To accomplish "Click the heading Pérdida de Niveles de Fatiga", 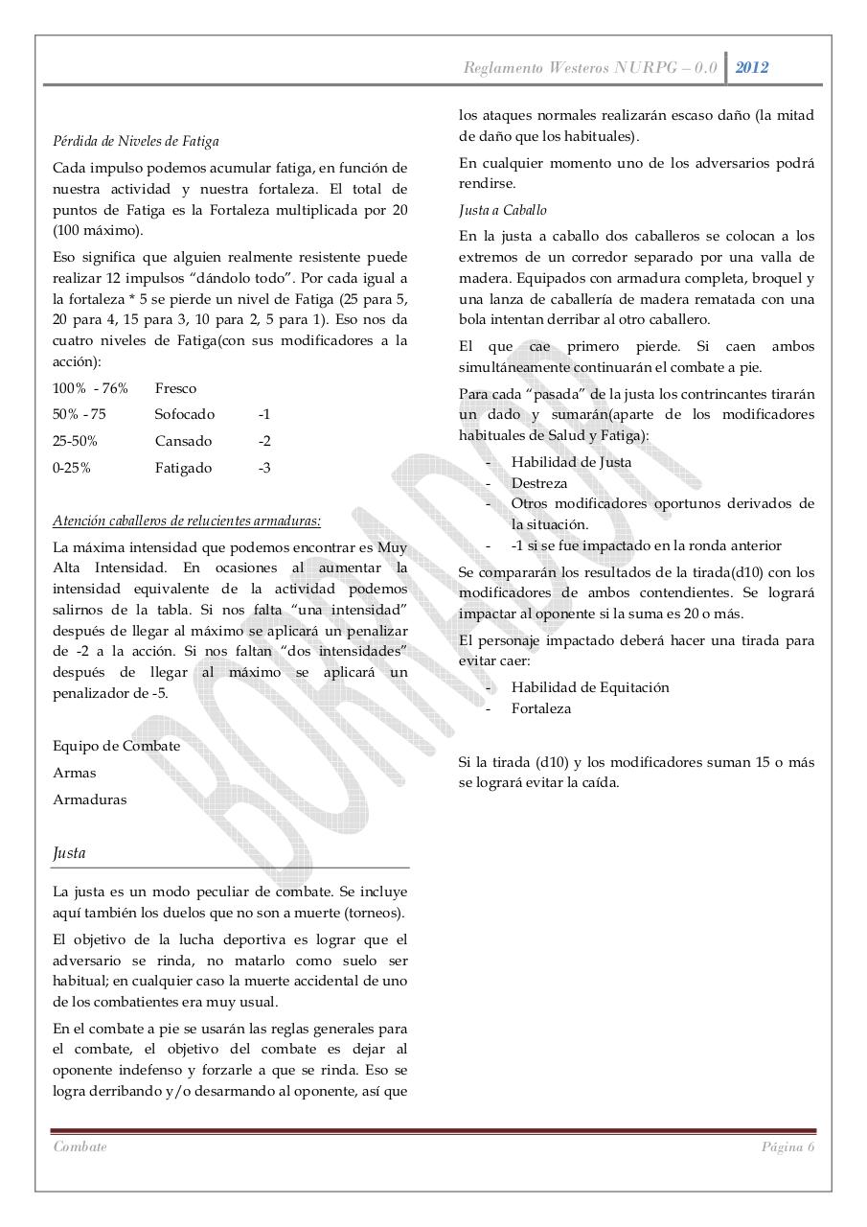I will point(136,141).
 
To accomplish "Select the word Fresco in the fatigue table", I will point(175,388).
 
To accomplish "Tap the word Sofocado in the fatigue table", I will point(185,414).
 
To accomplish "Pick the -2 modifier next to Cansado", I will point(264,441).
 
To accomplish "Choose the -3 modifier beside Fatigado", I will point(264,468).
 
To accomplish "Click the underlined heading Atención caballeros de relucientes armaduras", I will point(187,521).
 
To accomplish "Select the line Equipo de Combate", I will point(117,746).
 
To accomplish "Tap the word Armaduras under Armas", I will point(90,799).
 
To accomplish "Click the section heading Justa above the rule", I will point(70,852).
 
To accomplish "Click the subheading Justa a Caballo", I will point(503,210).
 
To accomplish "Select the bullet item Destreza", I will point(539,483).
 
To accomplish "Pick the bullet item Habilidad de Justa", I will point(571,462).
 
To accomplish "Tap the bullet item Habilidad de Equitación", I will point(590,687).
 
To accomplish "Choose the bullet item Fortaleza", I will point(541,708).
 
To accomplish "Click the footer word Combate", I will point(80,1147).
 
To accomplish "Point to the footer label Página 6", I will point(787,1147).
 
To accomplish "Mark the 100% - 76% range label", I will point(91,388).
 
